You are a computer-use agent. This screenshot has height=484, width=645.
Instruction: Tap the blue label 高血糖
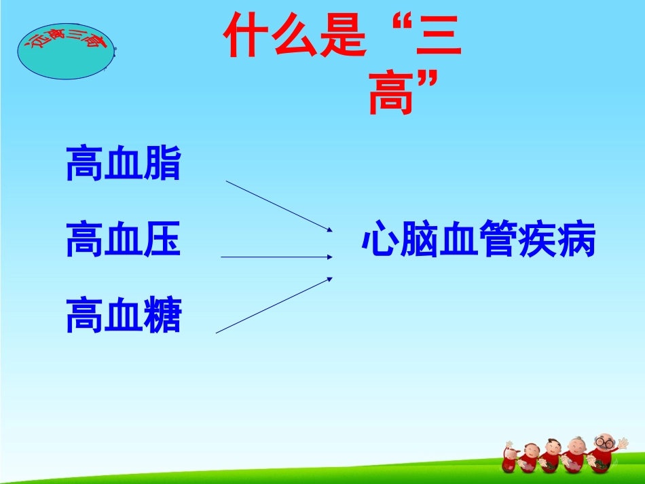pos(124,316)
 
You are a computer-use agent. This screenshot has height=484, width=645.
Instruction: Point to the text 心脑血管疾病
pos(479,240)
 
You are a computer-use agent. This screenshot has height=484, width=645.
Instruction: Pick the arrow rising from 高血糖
pos(274,305)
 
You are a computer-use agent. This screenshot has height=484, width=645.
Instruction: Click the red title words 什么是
pos(293,38)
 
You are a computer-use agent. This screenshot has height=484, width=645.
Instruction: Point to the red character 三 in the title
pos(437,38)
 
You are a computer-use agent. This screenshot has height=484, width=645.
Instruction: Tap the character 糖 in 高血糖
pos(163,316)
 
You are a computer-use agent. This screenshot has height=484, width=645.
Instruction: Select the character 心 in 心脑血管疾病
pos(380,240)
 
